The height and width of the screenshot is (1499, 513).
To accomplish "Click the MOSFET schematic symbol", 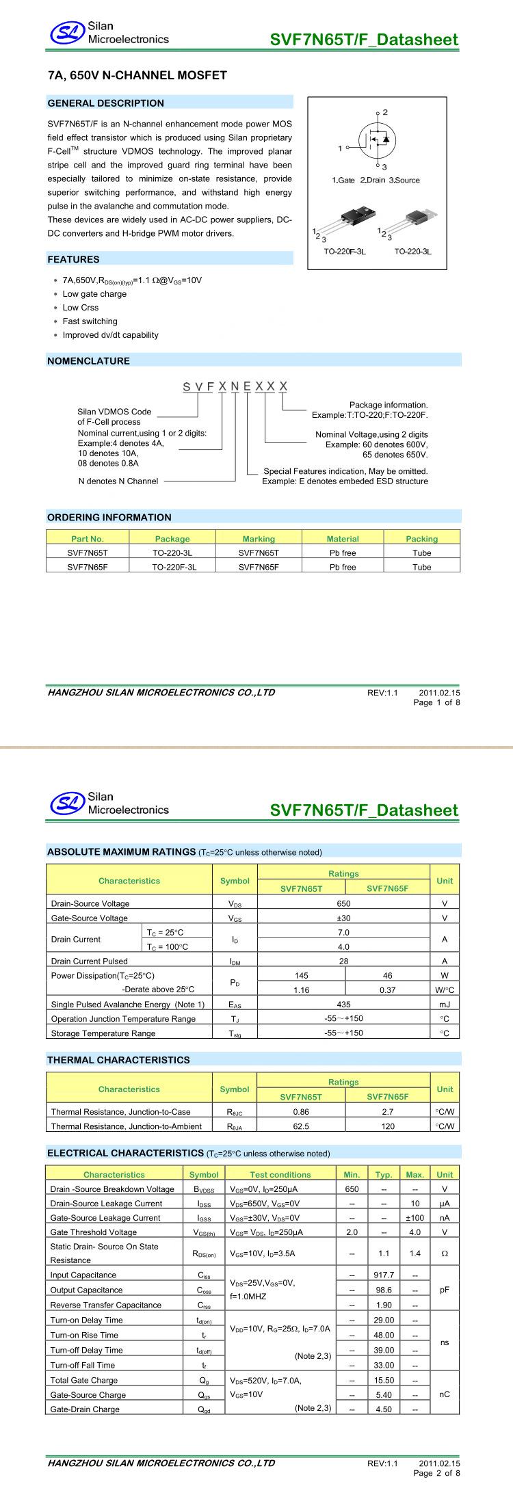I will [x=376, y=138].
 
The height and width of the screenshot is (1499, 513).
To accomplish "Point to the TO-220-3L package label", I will [x=412, y=252].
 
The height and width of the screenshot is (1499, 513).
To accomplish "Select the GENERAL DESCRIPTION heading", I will [x=106, y=103].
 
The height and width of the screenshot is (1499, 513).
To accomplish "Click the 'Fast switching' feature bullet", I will [x=90, y=321].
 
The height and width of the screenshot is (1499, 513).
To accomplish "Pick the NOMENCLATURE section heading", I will [x=88, y=361].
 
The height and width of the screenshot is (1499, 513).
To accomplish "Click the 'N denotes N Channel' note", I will [x=118, y=481].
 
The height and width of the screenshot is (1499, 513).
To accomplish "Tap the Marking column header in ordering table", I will [x=259, y=539].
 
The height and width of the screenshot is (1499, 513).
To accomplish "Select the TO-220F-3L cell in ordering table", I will [x=174, y=567].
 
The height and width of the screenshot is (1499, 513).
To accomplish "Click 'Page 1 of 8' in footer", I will [x=436, y=702].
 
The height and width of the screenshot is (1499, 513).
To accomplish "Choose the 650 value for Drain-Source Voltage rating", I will [x=343, y=903].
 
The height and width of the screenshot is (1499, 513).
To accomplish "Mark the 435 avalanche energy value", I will [x=343, y=1005].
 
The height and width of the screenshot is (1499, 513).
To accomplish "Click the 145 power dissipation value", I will [x=301, y=976].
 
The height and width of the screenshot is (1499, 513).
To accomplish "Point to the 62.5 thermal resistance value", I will [x=301, y=1126].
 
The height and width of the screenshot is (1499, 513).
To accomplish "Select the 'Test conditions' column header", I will [x=280, y=1175].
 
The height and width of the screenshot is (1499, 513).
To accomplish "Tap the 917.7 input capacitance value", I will [x=384, y=1275].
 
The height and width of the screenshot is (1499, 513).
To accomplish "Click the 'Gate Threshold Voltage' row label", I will [x=94, y=1232].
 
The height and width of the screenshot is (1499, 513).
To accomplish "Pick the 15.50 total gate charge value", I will [x=384, y=1381].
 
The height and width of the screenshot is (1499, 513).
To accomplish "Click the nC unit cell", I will [x=445, y=1394].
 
